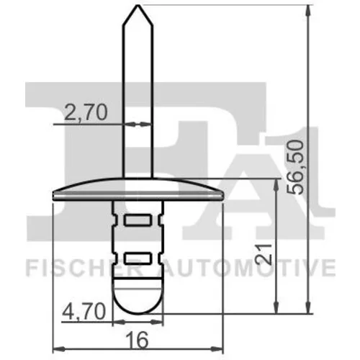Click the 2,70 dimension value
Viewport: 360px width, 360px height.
(86, 113)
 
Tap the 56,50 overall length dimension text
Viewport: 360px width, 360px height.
(295, 168)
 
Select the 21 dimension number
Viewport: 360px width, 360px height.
(264, 254)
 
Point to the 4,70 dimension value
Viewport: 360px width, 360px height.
(84, 311)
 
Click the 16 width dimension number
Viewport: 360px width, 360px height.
(138, 340)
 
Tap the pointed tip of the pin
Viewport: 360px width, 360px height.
(138, 5)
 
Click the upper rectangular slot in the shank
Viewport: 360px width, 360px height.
(138, 220)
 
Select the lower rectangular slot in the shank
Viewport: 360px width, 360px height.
(138, 258)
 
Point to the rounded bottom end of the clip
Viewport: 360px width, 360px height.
(138, 312)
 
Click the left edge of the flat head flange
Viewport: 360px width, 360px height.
(53, 196)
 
